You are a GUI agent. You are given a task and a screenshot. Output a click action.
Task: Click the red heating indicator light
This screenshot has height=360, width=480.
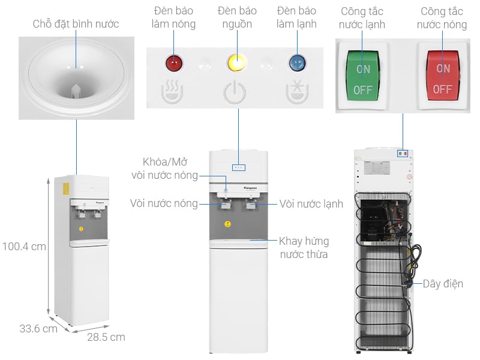(174, 62)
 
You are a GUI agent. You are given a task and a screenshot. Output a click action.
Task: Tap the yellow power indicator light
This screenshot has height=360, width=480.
(236, 62)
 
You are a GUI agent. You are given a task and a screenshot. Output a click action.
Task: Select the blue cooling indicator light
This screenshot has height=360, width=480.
(296, 62)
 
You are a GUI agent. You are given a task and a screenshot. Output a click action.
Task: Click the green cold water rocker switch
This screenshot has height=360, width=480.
(362, 76)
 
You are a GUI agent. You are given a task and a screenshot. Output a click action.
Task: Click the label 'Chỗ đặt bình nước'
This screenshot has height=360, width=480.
(76, 24)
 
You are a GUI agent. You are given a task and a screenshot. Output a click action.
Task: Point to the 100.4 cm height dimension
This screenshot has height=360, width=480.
(23, 246)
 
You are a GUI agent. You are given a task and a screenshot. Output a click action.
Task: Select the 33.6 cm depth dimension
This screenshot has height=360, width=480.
(38, 329)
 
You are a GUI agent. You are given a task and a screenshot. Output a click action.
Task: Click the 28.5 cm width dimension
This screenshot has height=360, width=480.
(106, 337)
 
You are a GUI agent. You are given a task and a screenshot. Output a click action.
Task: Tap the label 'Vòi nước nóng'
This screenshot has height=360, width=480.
(164, 203)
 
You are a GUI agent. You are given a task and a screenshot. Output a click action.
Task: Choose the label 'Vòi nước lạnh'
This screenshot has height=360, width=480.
(311, 204)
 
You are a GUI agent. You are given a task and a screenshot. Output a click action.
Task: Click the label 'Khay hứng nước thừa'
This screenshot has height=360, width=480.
(304, 248)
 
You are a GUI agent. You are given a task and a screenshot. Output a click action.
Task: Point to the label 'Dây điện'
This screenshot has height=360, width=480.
(443, 284)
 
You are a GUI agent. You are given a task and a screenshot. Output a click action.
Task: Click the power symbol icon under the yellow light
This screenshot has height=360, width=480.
(235, 92)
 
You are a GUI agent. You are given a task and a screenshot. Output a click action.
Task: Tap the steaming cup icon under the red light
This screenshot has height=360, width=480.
(173, 91)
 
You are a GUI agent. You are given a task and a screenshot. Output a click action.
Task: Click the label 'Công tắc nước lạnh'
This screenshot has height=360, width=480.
(362, 18)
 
